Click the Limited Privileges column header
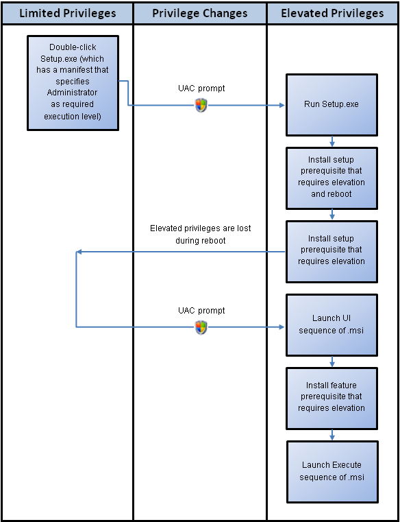68,13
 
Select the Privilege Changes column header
200,13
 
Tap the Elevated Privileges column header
332,13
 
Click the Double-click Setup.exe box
73,83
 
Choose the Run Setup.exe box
332,104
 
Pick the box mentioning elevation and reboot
332,178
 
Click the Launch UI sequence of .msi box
332,324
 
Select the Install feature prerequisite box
332,398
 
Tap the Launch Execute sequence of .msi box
332,472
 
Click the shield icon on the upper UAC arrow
201,106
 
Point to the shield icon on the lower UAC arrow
201,328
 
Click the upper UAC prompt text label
201,88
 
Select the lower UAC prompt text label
201,311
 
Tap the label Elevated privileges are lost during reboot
201,235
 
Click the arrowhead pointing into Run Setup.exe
282,105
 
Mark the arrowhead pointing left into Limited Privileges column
79,252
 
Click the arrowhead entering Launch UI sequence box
282,327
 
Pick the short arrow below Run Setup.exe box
332,141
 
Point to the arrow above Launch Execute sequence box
332,435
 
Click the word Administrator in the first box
72,92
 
